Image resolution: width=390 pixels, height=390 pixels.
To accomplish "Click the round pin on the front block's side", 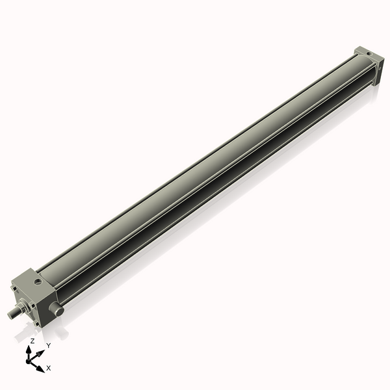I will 58,311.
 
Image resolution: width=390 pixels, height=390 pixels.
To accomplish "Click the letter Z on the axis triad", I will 32,341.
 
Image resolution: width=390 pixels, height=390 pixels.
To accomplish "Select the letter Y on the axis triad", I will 48,345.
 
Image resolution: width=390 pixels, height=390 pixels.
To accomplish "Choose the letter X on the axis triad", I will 49,368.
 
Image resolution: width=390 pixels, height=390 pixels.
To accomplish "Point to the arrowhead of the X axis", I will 41,365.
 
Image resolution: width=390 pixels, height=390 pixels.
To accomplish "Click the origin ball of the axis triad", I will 29,359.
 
